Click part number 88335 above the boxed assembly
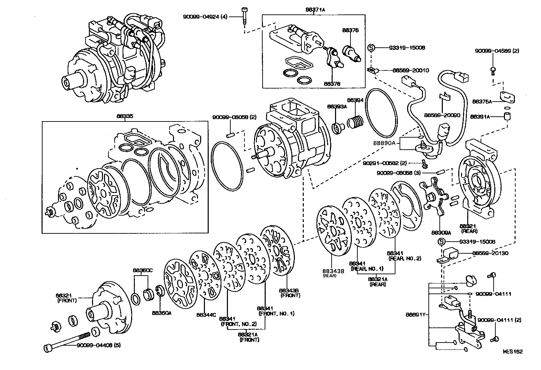click(x=125, y=116)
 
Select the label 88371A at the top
click(x=315, y=10)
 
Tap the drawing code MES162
click(x=513, y=352)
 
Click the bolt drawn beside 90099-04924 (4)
click(x=244, y=15)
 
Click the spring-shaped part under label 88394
click(x=354, y=122)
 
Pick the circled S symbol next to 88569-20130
click(x=442, y=242)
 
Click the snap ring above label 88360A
click(x=160, y=290)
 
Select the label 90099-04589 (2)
click(x=497, y=51)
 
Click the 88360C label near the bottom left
click(x=143, y=270)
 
